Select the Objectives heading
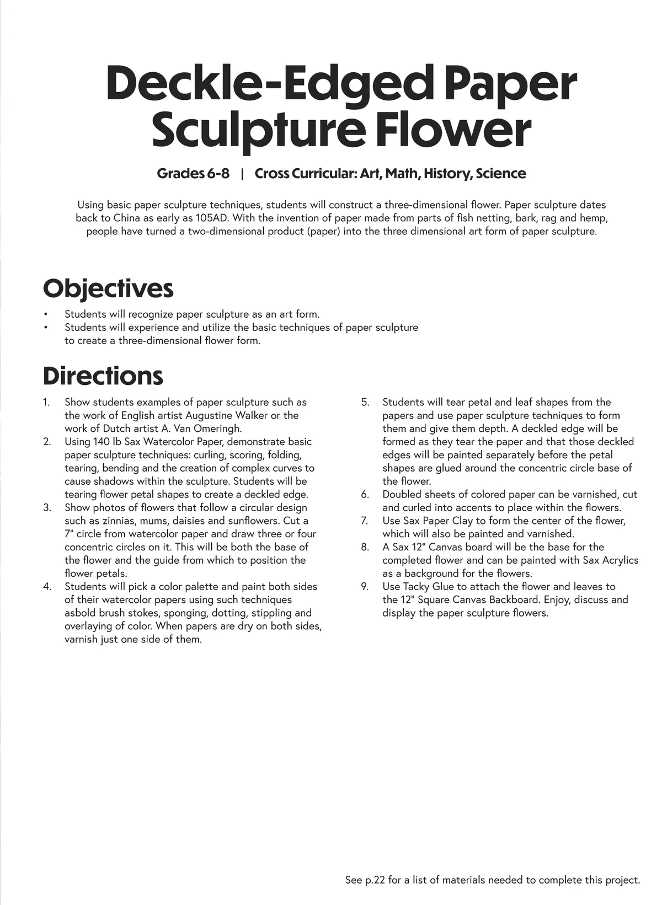point(108,288)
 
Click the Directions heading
point(103,376)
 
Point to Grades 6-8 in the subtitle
point(193,174)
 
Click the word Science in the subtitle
point(500,174)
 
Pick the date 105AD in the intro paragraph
point(212,218)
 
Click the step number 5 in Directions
point(365,402)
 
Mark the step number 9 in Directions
point(365,587)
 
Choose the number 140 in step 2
point(100,442)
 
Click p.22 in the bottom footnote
point(375,880)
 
